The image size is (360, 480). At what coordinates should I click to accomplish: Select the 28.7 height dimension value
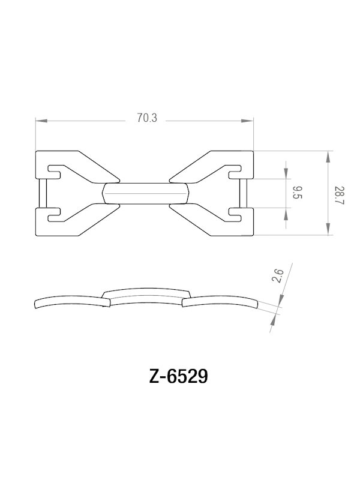(340, 193)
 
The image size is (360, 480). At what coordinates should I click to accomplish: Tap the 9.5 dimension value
(297, 193)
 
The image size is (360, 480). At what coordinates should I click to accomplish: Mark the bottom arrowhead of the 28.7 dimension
(328, 230)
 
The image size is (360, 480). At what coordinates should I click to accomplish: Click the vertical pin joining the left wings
(42, 193)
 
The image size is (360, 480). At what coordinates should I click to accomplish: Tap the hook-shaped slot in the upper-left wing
(55, 170)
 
